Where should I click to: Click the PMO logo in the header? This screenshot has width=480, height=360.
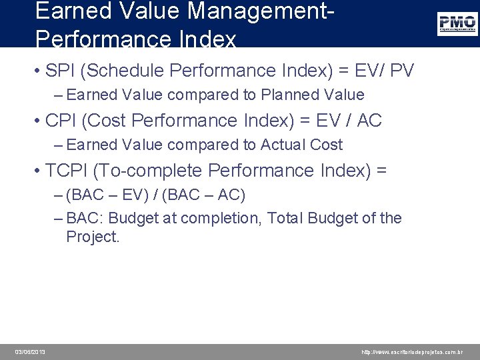coord(457,24)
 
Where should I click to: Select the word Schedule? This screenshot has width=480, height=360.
coord(129,71)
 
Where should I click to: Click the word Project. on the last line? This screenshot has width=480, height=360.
coord(93,237)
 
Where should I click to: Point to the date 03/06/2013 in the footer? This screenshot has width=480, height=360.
coord(31,352)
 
